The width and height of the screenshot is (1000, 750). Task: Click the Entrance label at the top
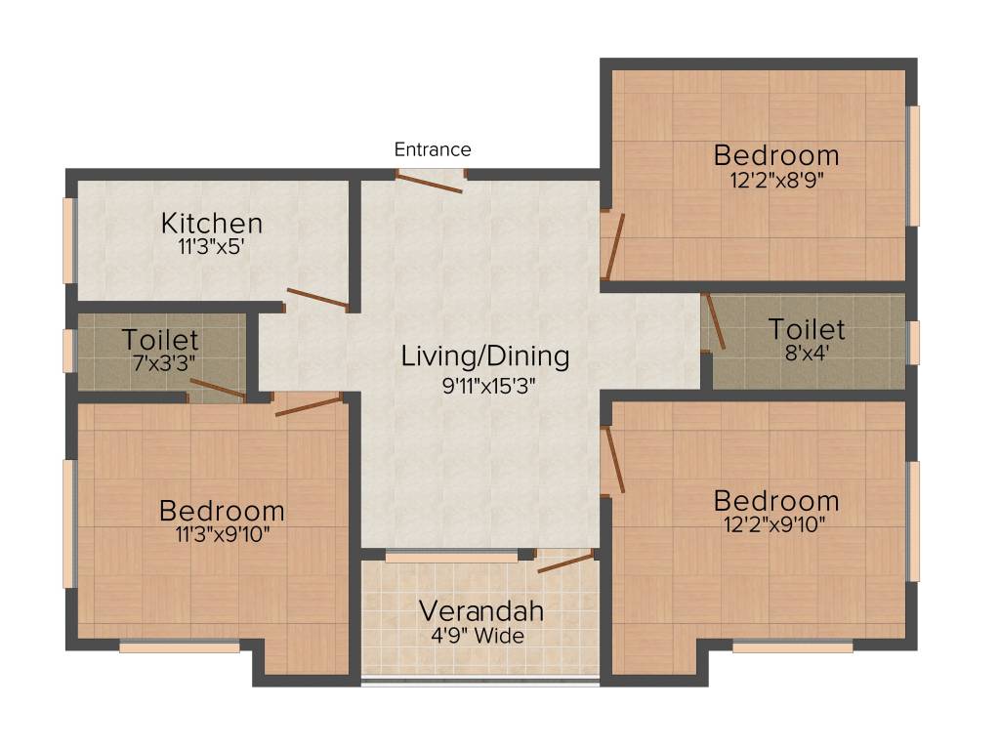[x=433, y=149]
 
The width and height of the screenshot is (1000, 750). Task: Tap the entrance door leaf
[x=429, y=184]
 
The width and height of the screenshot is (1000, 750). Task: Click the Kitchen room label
[x=212, y=223]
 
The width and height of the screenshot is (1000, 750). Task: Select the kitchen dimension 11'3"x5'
[x=212, y=247]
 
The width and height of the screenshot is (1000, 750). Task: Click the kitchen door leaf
[x=316, y=300]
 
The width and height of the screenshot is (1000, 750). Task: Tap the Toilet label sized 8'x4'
[x=807, y=327]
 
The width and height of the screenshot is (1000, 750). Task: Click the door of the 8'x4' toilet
[x=715, y=322]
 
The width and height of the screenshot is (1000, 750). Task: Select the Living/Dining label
[x=485, y=356]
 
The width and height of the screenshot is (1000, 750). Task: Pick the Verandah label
[x=480, y=612]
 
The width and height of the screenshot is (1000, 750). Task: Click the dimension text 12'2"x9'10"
[x=776, y=524]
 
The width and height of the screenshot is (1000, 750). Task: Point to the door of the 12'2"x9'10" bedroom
[x=614, y=460]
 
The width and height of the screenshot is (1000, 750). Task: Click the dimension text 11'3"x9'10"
[x=222, y=534]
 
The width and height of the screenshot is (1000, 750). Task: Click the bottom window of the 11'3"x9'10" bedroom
[x=180, y=646]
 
